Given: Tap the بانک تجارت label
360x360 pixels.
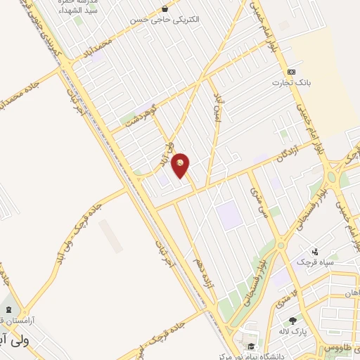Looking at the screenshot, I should coord(291,82).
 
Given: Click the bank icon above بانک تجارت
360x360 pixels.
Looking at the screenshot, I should coord(291,72).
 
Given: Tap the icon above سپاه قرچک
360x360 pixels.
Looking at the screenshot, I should coord(315,251).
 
